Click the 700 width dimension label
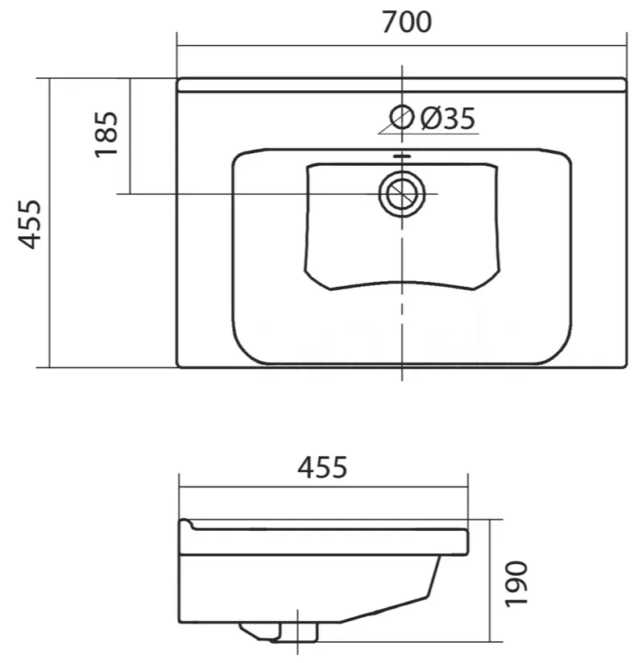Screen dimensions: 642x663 (407, 23)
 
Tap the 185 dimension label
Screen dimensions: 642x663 (106, 135)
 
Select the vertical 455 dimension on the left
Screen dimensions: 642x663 (29, 224)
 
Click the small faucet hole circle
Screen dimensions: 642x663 (401, 117)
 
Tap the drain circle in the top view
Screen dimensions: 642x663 (402, 194)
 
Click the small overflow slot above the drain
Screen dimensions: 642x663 (402, 156)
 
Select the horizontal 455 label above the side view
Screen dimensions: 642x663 (322, 467)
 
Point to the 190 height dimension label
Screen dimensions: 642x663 (516, 584)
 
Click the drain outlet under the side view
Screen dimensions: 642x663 (280, 632)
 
